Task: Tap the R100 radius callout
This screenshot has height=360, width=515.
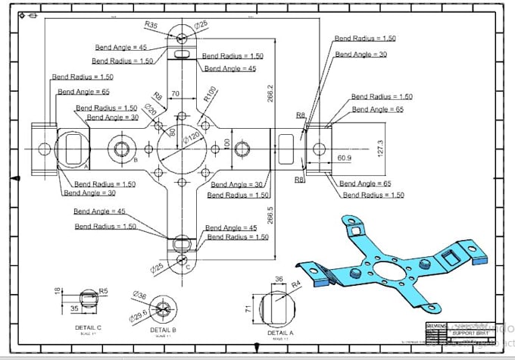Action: [210, 93]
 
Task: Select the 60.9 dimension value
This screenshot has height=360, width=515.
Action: [344, 158]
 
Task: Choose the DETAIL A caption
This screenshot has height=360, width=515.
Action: [279, 332]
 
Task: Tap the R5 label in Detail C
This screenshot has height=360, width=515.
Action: [105, 290]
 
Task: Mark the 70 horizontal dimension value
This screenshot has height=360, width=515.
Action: [175, 94]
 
